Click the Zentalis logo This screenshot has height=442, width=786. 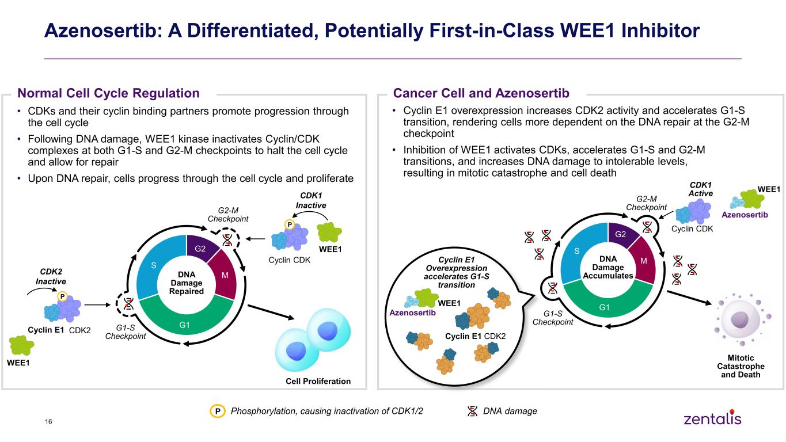(x=712, y=418)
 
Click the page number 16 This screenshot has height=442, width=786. (x=48, y=422)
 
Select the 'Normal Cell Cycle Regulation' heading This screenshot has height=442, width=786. (x=108, y=93)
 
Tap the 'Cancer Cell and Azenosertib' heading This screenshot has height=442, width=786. (x=481, y=93)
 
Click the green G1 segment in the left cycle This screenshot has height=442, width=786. (x=185, y=321)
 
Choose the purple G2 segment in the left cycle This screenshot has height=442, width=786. (x=201, y=247)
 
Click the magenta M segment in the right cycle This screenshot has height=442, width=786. (x=643, y=261)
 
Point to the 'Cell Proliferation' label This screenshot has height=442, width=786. (x=318, y=382)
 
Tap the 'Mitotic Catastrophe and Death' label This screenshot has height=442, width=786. (x=741, y=366)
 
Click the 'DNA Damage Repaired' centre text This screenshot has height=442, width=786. (x=187, y=283)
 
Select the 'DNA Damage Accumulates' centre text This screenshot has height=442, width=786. (x=608, y=267)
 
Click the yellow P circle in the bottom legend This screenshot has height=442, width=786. (x=218, y=411)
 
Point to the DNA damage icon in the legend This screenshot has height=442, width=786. (x=473, y=411)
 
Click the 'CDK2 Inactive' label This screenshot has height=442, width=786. (x=51, y=276)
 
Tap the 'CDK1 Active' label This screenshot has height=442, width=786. (x=700, y=189)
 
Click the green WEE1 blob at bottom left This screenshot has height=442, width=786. (x=21, y=345)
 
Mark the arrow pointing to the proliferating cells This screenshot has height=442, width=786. (x=271, y=312)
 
